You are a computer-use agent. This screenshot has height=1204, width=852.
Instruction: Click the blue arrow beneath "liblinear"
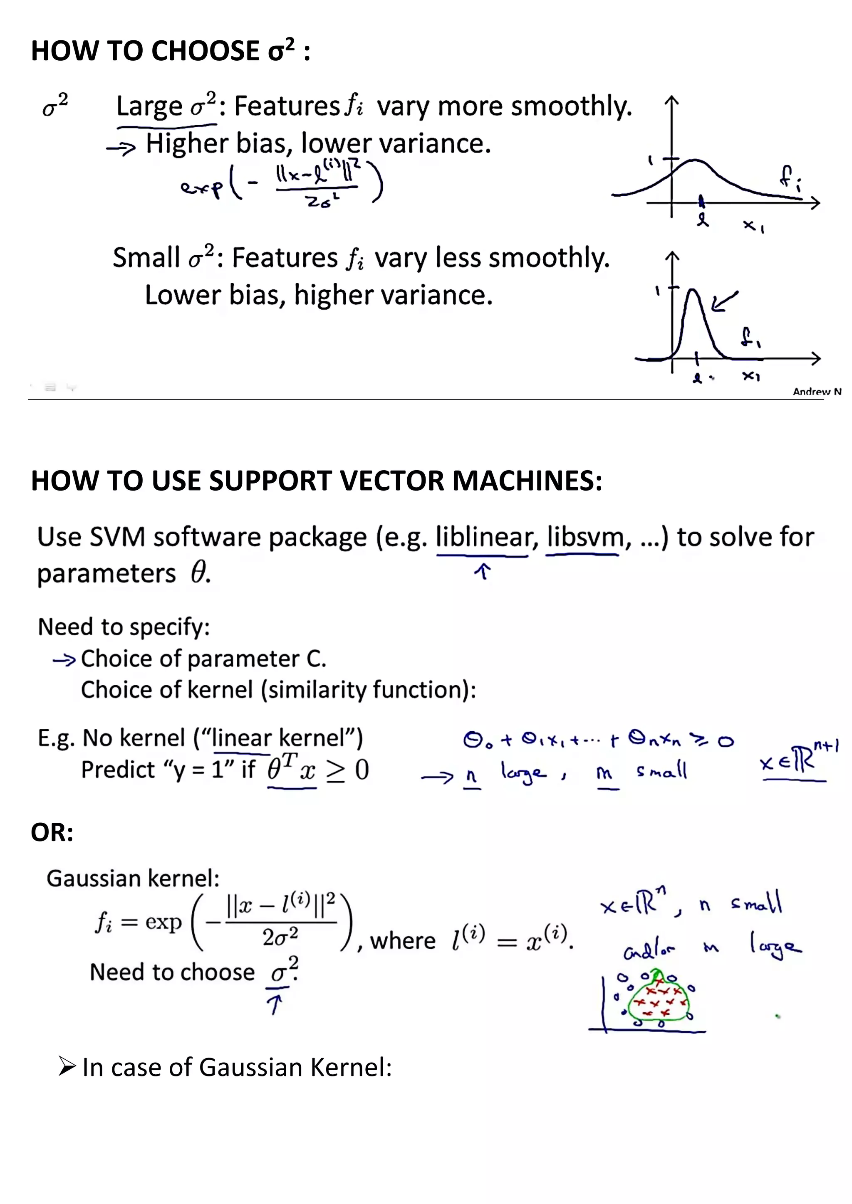click(x=483, y=571)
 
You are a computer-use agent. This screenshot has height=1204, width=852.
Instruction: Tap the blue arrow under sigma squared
click(x=275, y=1004)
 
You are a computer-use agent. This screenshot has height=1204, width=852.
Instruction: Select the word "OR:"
click(x=52, y=833)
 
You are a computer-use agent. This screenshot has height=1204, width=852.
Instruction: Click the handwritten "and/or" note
click(x=649, y=951)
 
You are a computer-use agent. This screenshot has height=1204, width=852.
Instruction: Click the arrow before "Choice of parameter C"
click(x=64, y=660)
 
